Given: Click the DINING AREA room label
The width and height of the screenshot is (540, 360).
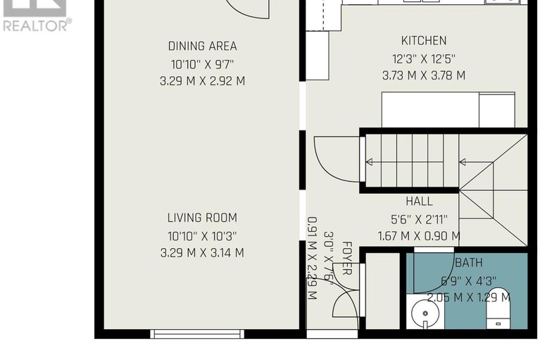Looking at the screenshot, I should pyautogui.click(x=202, y=46).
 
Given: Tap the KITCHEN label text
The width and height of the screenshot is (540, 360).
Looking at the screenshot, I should pyautogui.click(x=423, y=41).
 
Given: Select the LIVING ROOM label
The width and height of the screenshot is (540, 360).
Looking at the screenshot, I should pyautogui.click(x=202, y=218).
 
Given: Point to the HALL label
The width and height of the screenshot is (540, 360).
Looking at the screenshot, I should pyautogui.click(x=419, y=201).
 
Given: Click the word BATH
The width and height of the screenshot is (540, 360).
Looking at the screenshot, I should pyautogui.click(x=468, y=263).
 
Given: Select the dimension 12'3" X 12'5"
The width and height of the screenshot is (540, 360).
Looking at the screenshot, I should pyautogui.click(x=423, y=58).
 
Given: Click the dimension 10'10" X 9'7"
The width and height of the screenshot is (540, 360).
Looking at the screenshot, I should pyautogui.click(x=202, y=64).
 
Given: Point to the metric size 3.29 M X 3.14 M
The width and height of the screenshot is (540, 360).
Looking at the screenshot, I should pyautogui.click(x=202, y=253).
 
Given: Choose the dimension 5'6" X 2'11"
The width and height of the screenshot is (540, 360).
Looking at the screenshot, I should pyautogui.click(x=419, y=219).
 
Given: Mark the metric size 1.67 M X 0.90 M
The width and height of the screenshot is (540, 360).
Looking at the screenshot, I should pyautogui.click(x=419, y=236).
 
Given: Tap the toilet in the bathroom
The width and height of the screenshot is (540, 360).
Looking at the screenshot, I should pyautogui.click(x=498, y=308).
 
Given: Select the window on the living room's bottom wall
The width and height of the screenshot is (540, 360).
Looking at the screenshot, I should pyautogui.click(x=197, y=333).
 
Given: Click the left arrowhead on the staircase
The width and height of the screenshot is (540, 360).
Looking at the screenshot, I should pyautogui.click(x=369, y=162).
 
